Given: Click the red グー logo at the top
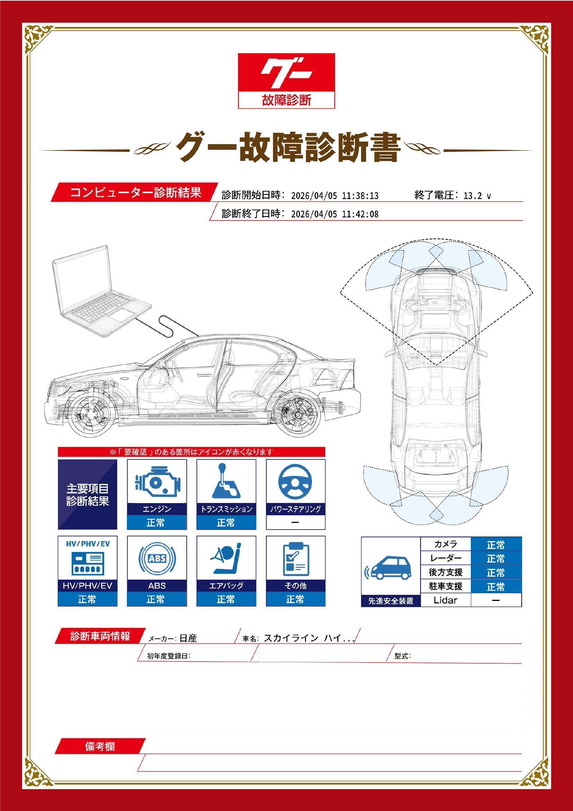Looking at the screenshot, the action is [x=286, y=80].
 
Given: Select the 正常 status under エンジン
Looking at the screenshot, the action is [x=157, y=523].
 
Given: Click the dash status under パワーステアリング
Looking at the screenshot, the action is [x=295, y=523].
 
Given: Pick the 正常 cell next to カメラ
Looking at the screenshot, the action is [x=496, y=544].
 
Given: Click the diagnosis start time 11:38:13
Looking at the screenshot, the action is [x=361, y=196].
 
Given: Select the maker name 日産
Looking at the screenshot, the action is [x=188, y=638].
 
